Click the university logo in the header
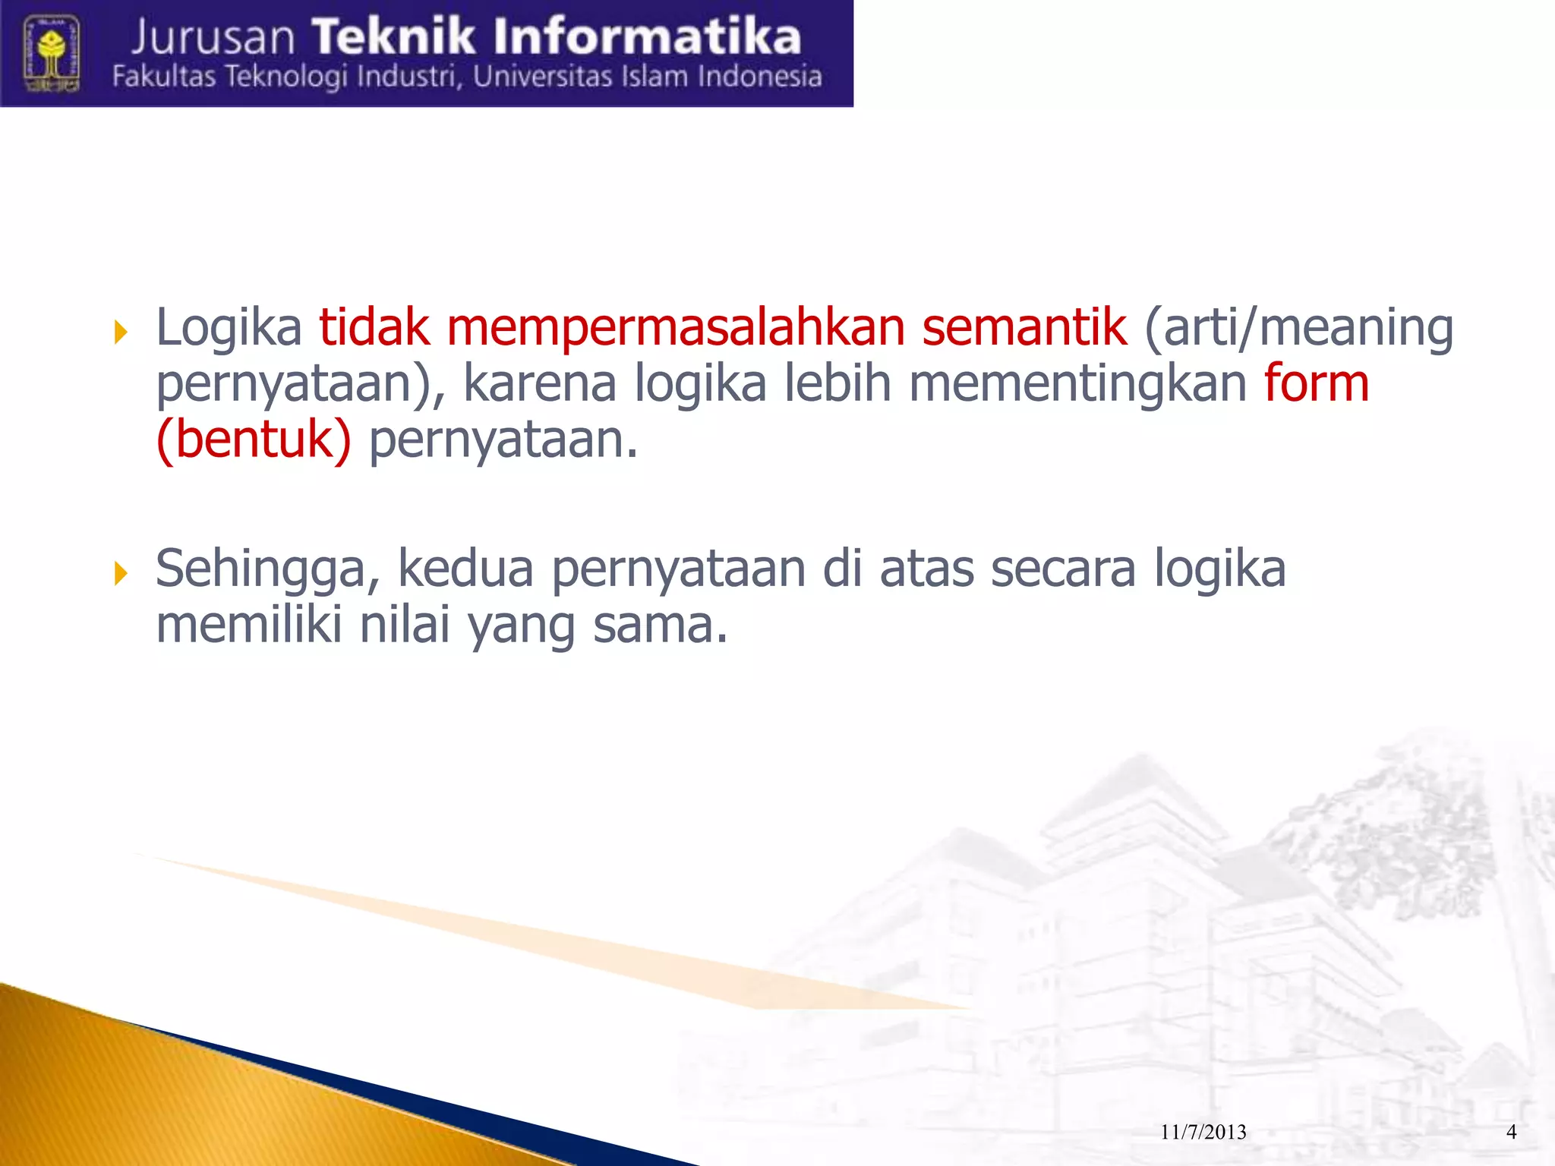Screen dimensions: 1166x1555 [x=52, y=53]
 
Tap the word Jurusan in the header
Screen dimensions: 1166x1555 [x=213, y=38]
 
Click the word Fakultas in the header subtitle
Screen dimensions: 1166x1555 [x=164, y=77]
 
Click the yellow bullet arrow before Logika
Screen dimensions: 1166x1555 [x=121, y=332]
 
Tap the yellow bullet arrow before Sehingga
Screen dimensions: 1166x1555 [x=121, y=573]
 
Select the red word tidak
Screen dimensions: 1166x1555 [x=374, y=328]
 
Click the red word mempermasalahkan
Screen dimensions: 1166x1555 [x=675, y=328]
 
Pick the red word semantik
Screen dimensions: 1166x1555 [x=1024, y=328]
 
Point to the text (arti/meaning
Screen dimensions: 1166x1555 [x=1298, y=328]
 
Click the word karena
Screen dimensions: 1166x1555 [x=539, y=383]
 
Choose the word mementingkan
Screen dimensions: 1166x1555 [x=1077, y=383]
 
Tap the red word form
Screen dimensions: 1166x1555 [x=1317, y=383]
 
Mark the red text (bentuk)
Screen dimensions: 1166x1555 [x=254, y=440]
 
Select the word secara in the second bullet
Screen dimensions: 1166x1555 [x=1063, y=569]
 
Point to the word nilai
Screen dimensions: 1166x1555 [x=405, y=626]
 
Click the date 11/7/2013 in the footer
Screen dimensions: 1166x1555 [x=1203, y=1133]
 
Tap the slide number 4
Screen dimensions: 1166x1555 [x=1511, y=1132]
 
